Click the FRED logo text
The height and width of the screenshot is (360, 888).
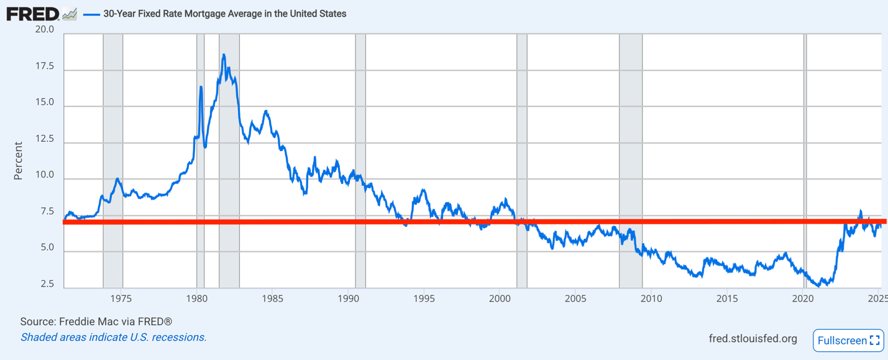pos(32,13)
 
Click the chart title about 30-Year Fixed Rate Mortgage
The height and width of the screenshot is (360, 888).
pos(224,14)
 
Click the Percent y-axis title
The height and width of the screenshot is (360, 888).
pos(18,161)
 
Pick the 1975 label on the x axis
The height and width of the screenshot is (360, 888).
pos(121,299)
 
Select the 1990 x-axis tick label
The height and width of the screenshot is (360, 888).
pos(348,299)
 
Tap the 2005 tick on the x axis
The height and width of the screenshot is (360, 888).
pos(575,299)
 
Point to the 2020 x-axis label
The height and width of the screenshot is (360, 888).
pos(802,299)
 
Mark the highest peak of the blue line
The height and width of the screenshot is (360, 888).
pos(223,55)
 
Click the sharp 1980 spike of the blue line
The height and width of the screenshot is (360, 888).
pos(201,87)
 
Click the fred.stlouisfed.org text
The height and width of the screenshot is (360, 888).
pos(753,339)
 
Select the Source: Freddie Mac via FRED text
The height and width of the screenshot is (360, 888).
pos(96,322)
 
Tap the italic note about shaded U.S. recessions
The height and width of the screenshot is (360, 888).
pos(113,338)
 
